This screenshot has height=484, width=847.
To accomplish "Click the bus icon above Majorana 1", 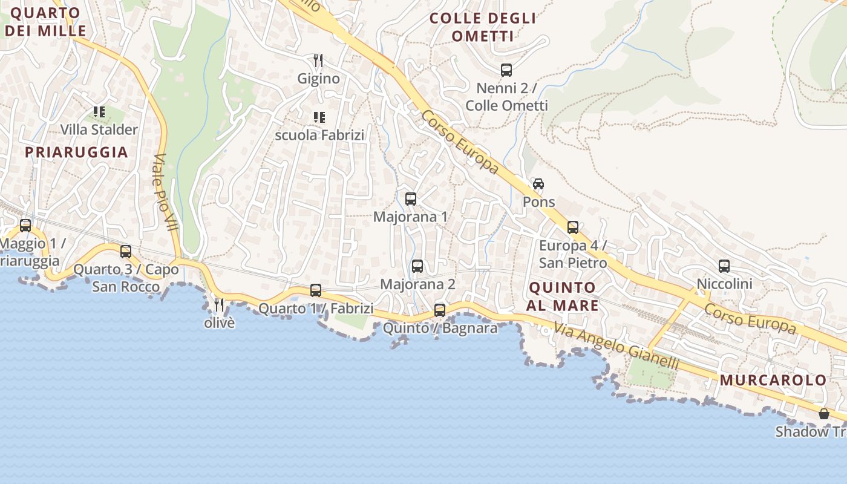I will coord(411,198).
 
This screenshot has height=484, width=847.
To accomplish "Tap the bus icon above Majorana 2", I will coord(417,266).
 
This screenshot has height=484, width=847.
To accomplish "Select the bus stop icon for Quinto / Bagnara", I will coord(440,310).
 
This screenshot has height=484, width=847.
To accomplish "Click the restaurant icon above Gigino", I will coord(318,60).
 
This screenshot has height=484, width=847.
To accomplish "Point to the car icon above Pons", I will coord(538,184).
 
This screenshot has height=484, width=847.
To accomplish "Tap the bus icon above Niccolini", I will coord(724,266).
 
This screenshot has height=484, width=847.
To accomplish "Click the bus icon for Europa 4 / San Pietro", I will coord(573,227).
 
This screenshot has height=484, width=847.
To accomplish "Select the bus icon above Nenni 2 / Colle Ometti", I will coord(506,70).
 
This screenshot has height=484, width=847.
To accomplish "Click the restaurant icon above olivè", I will coord(219,305).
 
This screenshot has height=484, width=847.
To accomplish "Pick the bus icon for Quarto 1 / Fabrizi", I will coord(316,290).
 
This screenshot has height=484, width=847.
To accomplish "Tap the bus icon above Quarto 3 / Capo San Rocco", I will coord(126,251).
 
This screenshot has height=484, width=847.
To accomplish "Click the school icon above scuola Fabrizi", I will coord(319,117).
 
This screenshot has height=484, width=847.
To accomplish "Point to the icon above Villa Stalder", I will coord(99,112).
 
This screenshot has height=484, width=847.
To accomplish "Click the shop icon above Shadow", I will coord(823,414).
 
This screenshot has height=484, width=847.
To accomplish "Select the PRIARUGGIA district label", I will coord(76,152).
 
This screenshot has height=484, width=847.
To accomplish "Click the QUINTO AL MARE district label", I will coord(562,296).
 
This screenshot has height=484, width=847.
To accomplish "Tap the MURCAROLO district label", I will coord(773,381).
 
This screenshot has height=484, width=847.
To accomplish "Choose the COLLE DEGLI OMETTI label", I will coord(483,27).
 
